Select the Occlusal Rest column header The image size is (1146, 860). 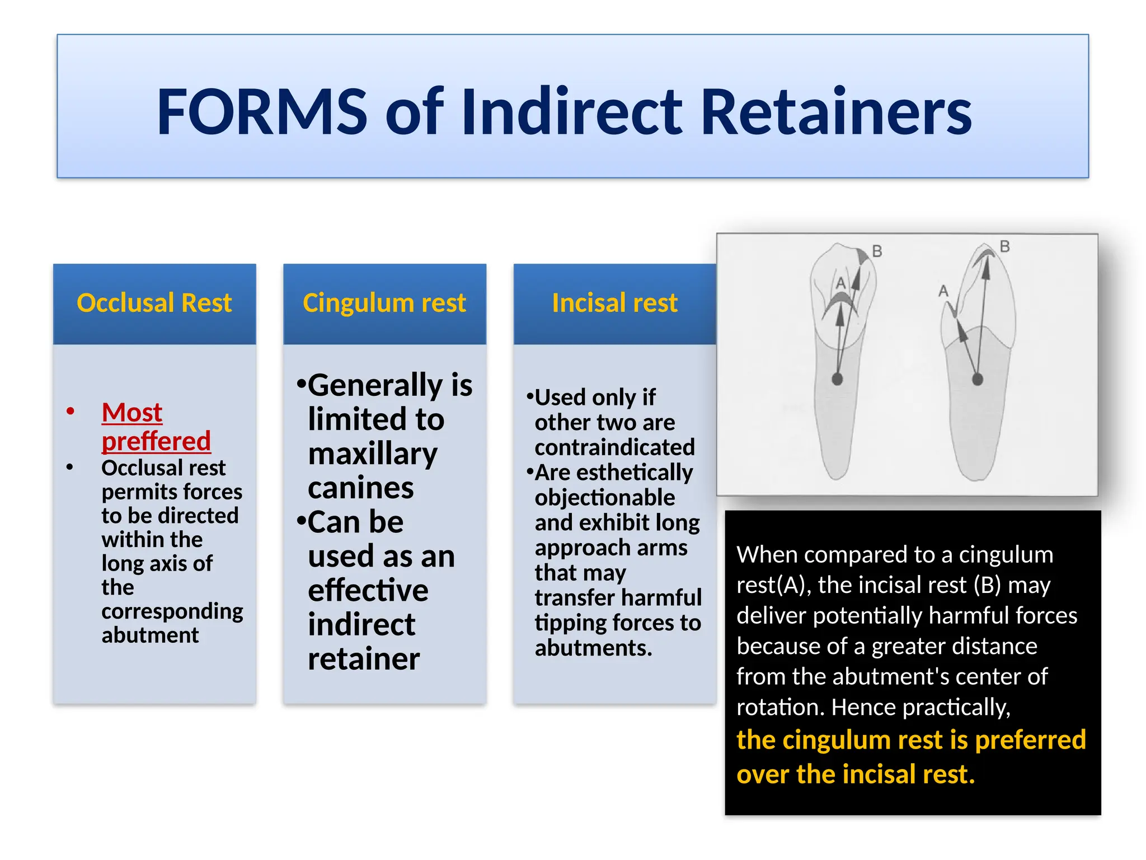pos(154,303)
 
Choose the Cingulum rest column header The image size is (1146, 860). pos(384,303)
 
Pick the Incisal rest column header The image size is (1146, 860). pos(614,303)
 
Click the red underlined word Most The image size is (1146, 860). pos(132,413)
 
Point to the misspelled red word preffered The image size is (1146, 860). pos(156,441)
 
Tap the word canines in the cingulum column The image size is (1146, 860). pos(361,488)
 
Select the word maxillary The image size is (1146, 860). pos(373,454)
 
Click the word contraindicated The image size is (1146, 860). pos(614,447)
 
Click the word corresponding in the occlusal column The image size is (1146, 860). pos(172,611)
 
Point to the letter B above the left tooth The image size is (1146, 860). pos(877,251)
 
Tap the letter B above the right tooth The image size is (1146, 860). pos(1005,246)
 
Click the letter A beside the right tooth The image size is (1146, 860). pos(943,291)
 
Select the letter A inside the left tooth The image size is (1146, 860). pos(840,283)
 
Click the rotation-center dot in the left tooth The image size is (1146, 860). pos(837,379)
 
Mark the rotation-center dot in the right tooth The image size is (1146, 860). pos(978,380)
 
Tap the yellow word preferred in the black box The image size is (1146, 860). pos(1030,740)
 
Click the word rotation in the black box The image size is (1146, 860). pos(780,707)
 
